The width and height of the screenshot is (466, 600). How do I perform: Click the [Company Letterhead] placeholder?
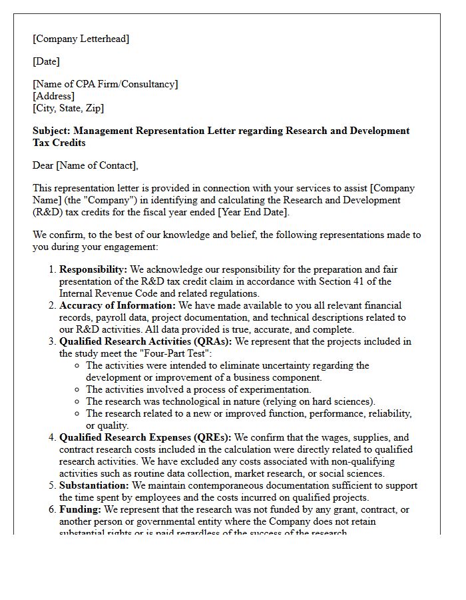(x=81, y=39)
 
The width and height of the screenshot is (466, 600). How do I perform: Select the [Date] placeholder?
(x=46, y=61)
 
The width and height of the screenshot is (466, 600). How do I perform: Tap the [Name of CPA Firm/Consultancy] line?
(x=105, y=84)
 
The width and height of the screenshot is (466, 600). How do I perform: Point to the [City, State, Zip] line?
(x=68, y=108)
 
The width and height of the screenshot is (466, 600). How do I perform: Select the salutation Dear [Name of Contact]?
(x=85, y=165)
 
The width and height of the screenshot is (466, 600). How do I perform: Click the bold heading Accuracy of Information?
(x=116, y=305)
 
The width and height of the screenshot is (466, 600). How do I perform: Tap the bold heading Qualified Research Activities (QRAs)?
(x=146, y=341)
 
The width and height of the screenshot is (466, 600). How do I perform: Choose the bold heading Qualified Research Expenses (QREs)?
(x=145, y=437)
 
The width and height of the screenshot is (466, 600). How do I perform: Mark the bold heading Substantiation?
(x=94, y=485)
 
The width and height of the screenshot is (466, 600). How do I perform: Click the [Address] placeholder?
(x=53, y=96)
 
